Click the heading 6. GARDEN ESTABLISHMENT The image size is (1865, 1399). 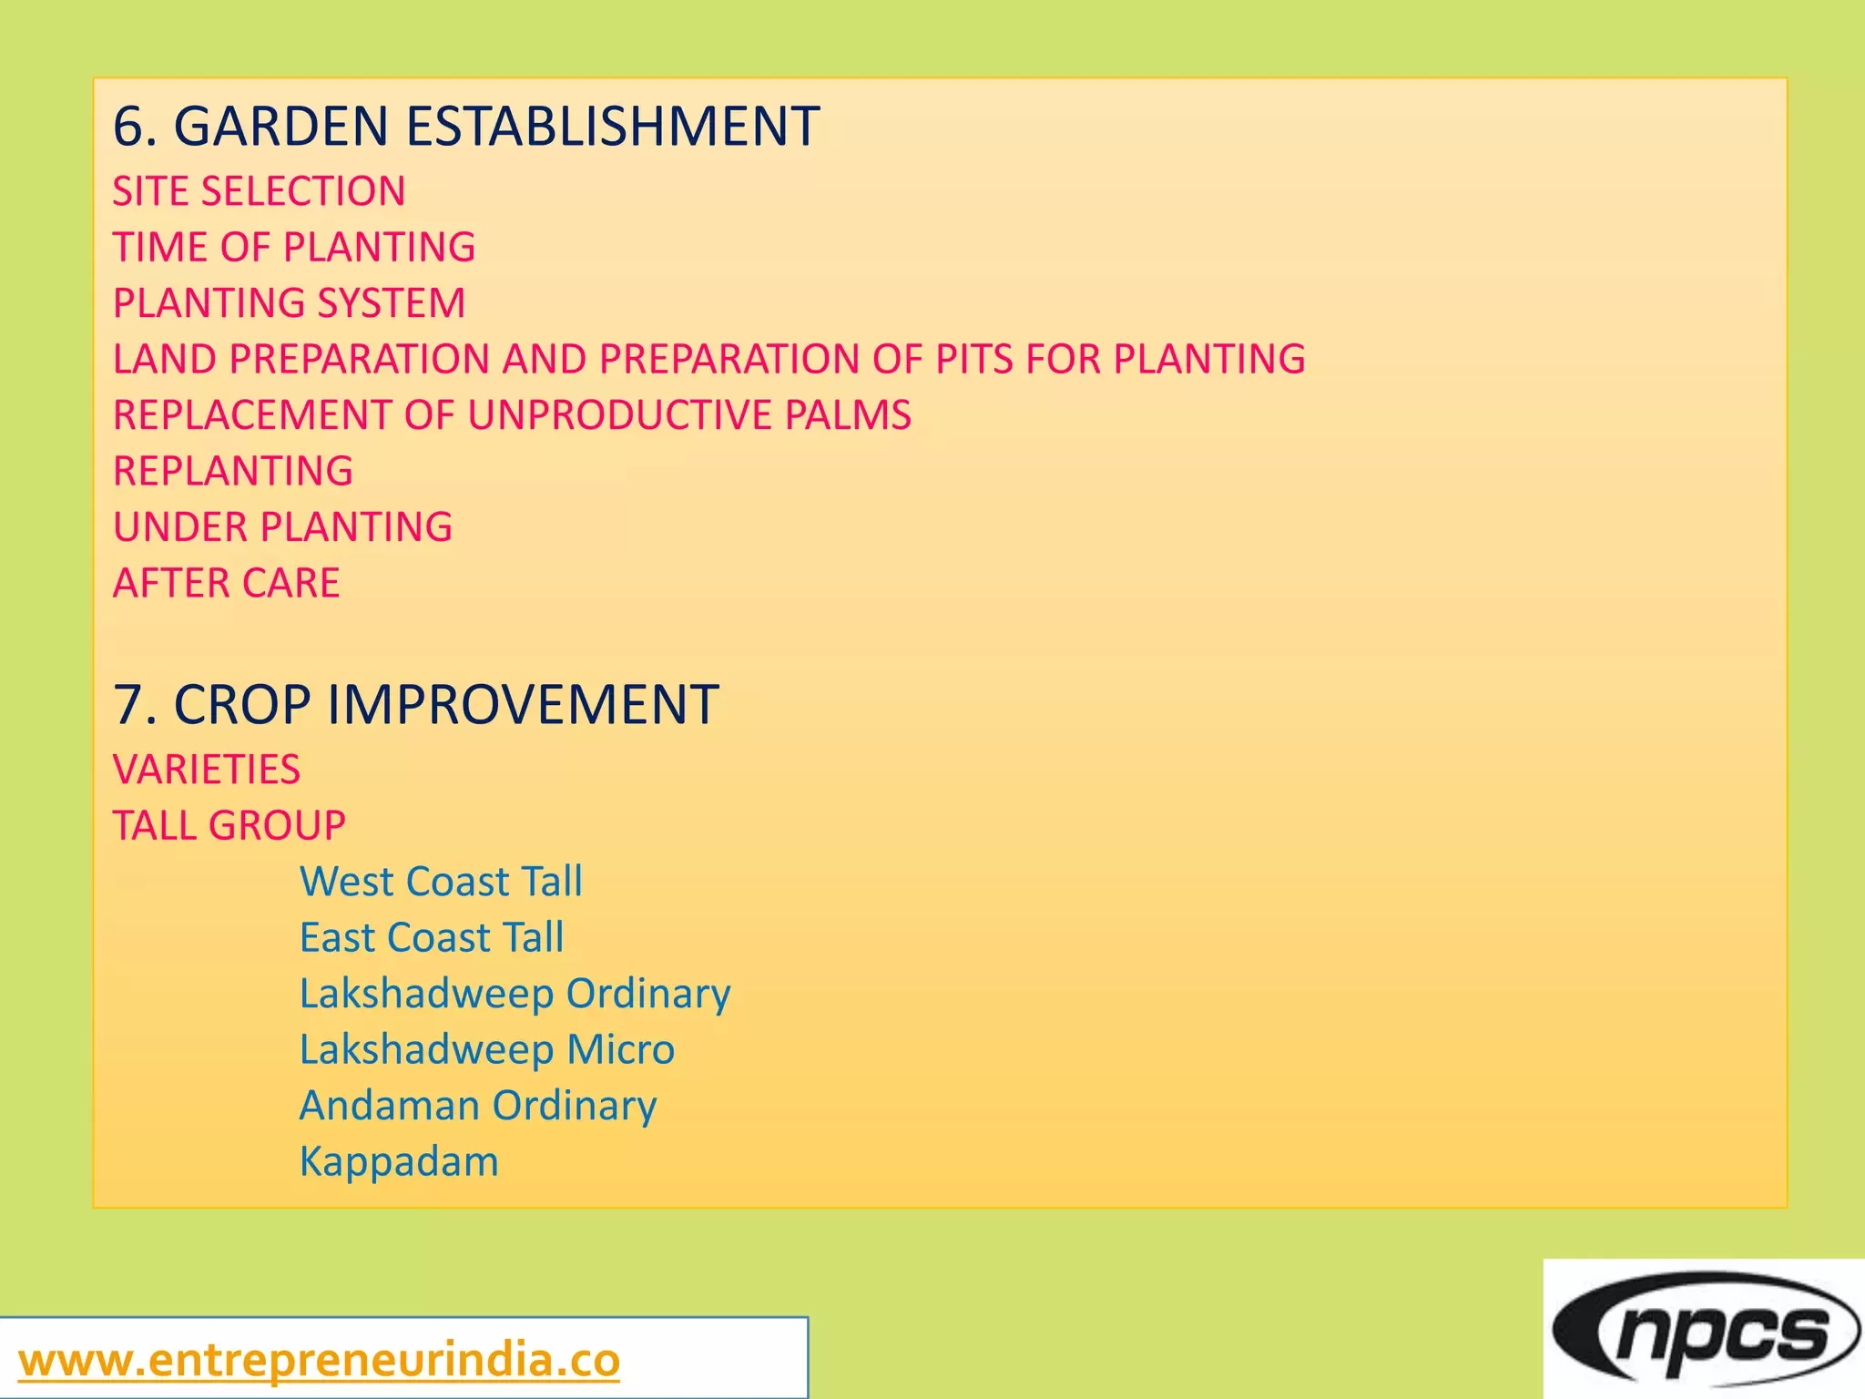pyautogui.click(x=466, y=126)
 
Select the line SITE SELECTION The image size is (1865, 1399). pyautogui.click(x=259, y=191)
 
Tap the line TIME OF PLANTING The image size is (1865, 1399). pyautogui.click(x=294, y=247)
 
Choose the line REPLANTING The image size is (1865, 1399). pyautogui.click(x=232, y=471)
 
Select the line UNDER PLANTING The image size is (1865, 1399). pyautogui.click(x=282, y=527)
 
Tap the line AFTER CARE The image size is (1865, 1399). pyautogui.click(x=226, y=583)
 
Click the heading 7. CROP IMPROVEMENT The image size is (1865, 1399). pyautogui.click(x=416, y=705)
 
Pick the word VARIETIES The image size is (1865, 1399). pyautogui.click(x=207, y=770)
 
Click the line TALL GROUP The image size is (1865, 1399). pyautogui.click(x=229, y=826)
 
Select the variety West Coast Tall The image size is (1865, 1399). pyautogui.click(x=441, y=882)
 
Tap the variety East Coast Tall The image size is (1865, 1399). pyautogui.click(x=432, y=937)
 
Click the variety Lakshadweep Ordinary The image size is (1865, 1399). pyautogui.click(x=515, y=994)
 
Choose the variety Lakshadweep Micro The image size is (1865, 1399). pyautogui.click(x=487, y=1049)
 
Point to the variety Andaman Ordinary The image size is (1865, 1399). pyautogui.click(x=478, y=1106)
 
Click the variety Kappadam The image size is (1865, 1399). pyautogui.click(x=399, y=1162)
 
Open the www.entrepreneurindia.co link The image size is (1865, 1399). pyautogui.click(x=319, y=1361)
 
